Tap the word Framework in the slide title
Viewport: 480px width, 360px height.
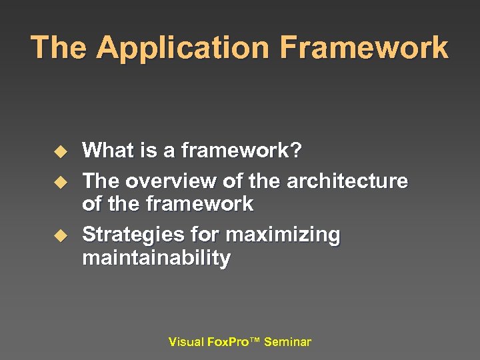click(x=364, y=49)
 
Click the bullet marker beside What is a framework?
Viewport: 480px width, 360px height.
click(x=61, y=152)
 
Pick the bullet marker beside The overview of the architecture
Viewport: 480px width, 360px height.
click(x=61, y=181)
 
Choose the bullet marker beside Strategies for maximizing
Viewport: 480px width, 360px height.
click(x=61, y=235)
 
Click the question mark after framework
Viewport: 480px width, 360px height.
click(x=296, y=151)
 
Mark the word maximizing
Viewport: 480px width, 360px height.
click(x=283, y=236)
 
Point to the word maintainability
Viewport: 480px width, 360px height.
click(x=156, y=258)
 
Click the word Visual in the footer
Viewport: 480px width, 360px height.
click(x=187, y=342)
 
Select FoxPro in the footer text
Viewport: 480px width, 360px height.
click(x=227, y=342)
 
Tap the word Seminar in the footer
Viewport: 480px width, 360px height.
click(x=287, y=342)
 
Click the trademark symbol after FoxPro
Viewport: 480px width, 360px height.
click(x=255, y=341)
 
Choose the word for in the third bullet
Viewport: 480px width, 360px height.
click(x=204, y=235)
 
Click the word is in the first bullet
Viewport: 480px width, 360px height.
click(x=149, y=151)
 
